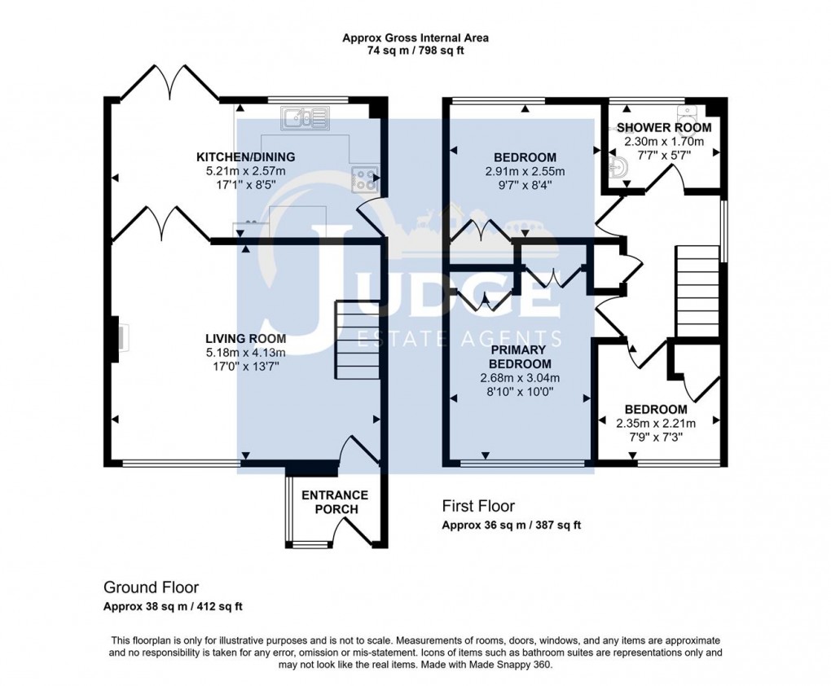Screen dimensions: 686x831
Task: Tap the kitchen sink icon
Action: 305,120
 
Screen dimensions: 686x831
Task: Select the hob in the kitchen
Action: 364,178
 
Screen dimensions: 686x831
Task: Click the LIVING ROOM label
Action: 245,339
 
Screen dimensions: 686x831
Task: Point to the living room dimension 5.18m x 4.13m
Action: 245,353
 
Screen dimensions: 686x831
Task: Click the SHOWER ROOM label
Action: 663,128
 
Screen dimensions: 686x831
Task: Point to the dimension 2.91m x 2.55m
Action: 524,172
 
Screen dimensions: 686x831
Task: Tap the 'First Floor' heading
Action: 478,506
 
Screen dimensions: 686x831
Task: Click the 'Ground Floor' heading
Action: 151,587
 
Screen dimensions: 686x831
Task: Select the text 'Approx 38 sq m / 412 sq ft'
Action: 173,606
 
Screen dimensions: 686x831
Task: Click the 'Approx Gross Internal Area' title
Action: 415,37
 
